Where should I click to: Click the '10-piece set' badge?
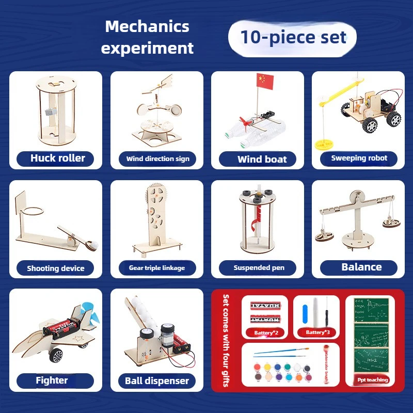[292, 37]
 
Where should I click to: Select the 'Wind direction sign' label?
[157, 158]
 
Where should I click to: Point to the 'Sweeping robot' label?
[359, 158]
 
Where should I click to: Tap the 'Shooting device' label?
[55, 268]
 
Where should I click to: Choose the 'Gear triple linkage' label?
[156, 268]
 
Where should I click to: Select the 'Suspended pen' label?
[258, 267]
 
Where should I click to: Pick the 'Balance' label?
[361, 267]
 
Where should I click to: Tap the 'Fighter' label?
[52, 380]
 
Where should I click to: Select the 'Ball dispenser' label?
[157, 381]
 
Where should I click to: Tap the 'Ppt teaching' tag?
[373, 379]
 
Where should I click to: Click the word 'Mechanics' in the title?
[147, 26]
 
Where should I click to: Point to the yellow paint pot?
[267, 367]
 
